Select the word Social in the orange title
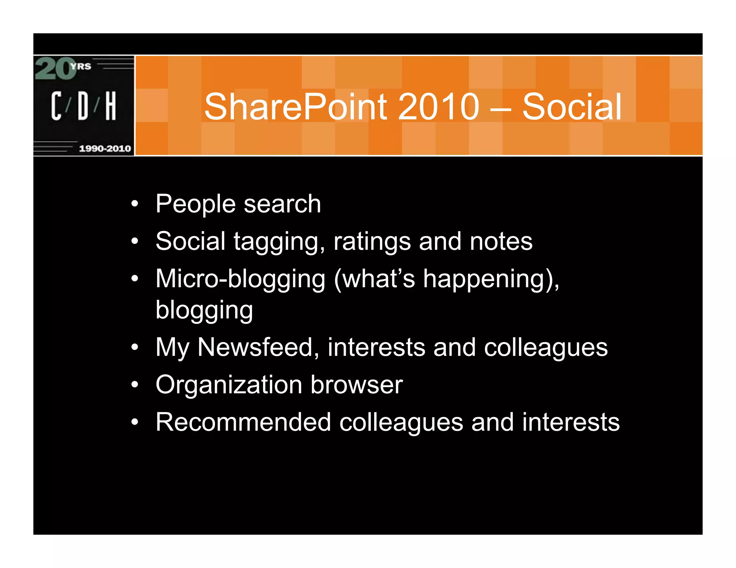[x=571, y=107]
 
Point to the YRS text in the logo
[x=81, y=66]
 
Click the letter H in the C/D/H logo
[x=111, y=106]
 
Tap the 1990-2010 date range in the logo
[x=105, y=149]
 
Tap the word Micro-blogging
[x=240, y=279]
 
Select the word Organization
[x=229, y=385]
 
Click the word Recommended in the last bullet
[x=243, y=422]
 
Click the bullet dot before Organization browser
[x=134, y=385]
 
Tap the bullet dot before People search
[x=134, y=204]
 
